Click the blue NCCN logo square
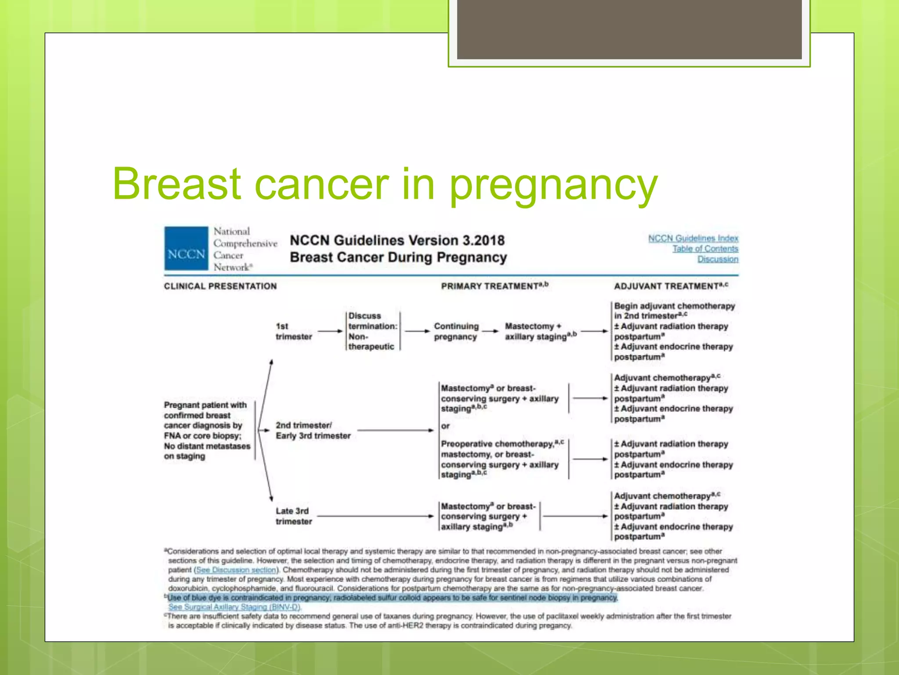[186, 248]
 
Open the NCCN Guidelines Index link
[693, 238]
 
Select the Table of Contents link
[705, 249]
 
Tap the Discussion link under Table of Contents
[718, 259]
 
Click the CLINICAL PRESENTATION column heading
[220, 287]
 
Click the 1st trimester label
[293, 331]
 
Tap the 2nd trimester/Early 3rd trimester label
[313, 431]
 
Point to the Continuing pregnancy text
[456, 331]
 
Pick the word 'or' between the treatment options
[445, 426]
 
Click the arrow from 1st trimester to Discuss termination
[330, 331]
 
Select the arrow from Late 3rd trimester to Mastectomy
[375, 516]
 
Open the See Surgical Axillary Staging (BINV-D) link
[234, 607]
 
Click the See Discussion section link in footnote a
[236, 570]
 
